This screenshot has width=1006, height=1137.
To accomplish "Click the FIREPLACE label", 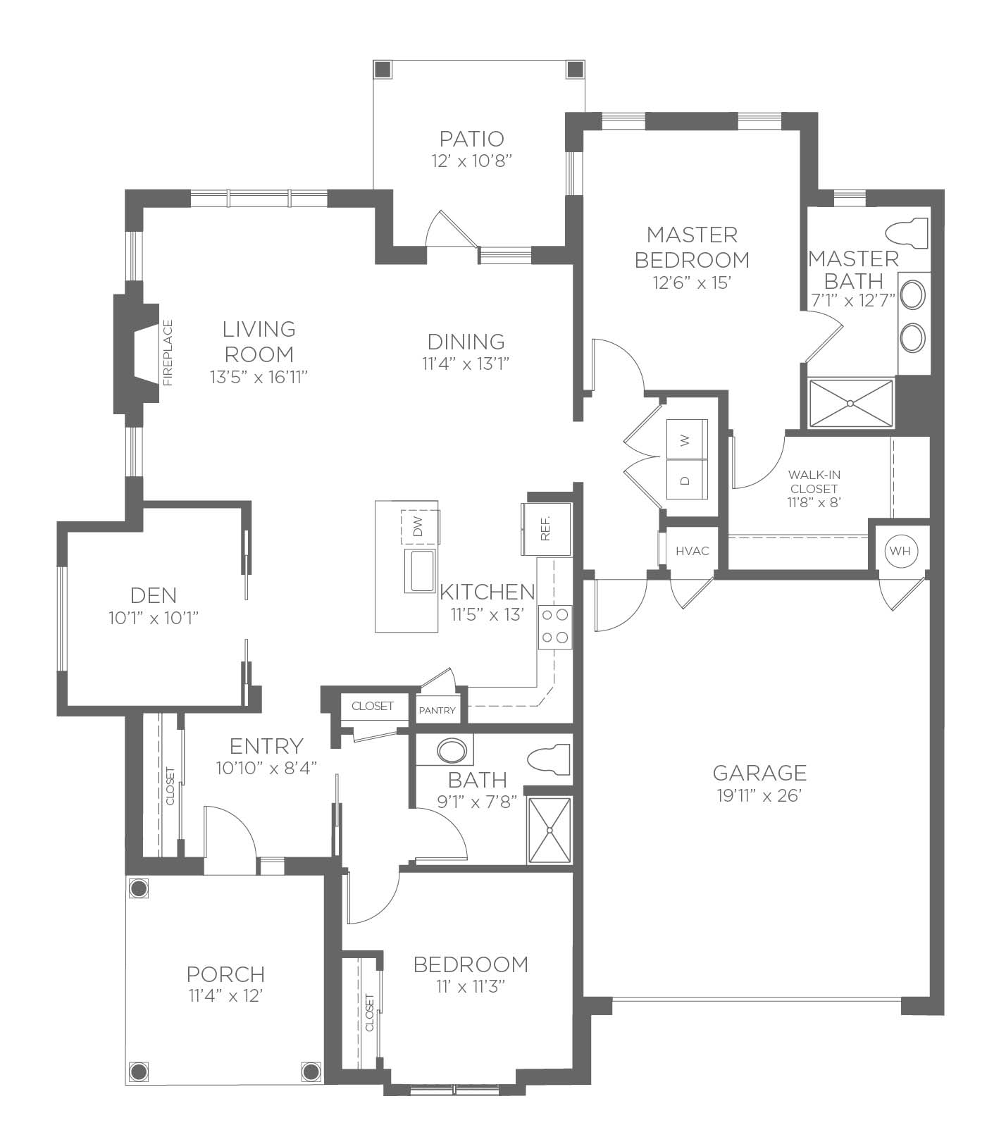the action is [x=168, y=353].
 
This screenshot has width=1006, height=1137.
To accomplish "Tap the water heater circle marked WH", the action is [x=900, y=551].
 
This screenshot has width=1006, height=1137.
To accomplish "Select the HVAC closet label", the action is [x=692, y=551].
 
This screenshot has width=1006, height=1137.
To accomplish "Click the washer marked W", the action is [x=685, y=440].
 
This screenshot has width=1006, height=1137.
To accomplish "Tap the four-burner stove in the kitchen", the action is [x=555, y=627].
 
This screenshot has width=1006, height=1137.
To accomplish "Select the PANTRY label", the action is [x=437, y=710].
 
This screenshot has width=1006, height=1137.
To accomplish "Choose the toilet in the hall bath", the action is [x=549, y=760].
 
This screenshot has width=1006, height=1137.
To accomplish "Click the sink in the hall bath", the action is [x=451, y=750].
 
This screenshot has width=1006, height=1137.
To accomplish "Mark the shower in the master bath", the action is [x=850, y=403].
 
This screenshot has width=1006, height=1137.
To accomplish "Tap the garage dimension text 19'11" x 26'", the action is [x=759, y=795].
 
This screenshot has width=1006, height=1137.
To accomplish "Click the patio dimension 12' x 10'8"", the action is [x=471, y=161].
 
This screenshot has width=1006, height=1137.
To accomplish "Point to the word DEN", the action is [x=154, y=596].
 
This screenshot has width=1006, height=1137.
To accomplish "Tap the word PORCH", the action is [x=225, y=974].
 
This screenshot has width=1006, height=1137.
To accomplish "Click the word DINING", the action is [x=466, y=342].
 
